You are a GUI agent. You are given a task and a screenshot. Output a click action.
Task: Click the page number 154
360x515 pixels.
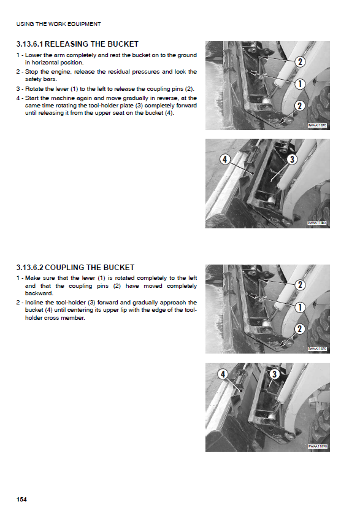coord(21,499)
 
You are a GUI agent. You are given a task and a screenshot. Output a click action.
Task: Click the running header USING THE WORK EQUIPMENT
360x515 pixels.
coord(58,24)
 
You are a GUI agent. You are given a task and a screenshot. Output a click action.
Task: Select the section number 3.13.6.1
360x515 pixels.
coord(29,44)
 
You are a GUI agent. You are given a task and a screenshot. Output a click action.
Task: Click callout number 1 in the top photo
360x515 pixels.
coord(300,83)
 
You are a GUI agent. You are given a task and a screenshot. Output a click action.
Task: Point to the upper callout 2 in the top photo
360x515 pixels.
coord(300,61)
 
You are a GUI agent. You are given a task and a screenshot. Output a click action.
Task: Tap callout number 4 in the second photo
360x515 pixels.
coord(224,160)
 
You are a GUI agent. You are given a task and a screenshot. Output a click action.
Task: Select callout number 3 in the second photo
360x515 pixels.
coord(292,160)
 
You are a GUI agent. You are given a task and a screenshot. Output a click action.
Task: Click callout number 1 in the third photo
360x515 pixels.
coord(300,308)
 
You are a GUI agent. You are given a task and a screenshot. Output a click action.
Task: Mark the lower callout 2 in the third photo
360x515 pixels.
coord(299,329)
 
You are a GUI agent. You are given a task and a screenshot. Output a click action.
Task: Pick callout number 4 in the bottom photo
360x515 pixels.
coord(223,374)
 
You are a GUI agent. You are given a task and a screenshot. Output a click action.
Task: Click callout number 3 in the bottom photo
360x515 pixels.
coord(274,374)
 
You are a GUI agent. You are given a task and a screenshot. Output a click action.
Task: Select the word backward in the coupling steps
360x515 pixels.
coord(39,293)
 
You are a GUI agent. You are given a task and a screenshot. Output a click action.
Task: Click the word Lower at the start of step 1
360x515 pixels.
coord(33,55)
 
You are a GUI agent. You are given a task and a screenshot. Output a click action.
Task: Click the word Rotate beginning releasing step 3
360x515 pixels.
coord(34,88)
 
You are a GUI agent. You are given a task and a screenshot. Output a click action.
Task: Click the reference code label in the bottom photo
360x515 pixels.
coord(317,446)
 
